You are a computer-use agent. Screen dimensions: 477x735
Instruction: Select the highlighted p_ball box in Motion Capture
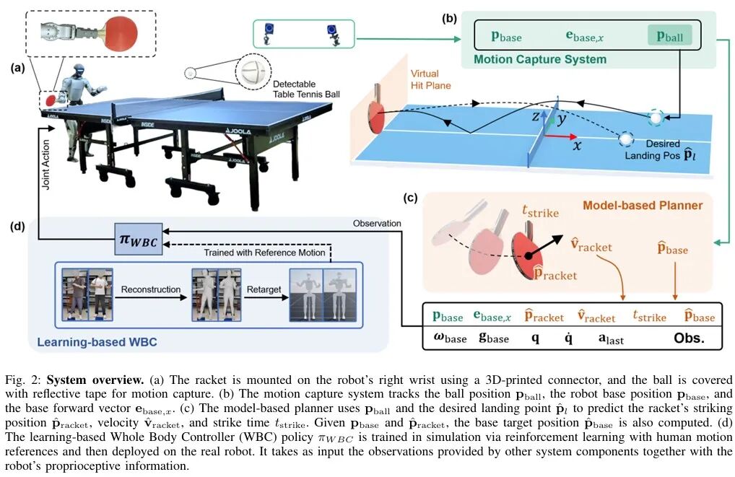(x=669, y=36)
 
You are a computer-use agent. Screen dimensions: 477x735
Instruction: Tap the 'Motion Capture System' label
(x=539, y=59)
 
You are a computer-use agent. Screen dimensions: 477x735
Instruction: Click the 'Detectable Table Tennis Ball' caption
(x=307, y=89)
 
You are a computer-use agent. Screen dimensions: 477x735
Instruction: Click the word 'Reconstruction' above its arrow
(x=150, y=289)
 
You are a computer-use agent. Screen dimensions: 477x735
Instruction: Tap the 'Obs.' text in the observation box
(x=689, y=338)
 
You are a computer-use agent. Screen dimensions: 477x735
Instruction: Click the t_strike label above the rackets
(x=540, y=211)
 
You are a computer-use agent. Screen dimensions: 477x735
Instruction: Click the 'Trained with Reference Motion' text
(x=264, y=253)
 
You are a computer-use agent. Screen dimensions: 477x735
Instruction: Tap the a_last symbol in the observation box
(x=611, y=338)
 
